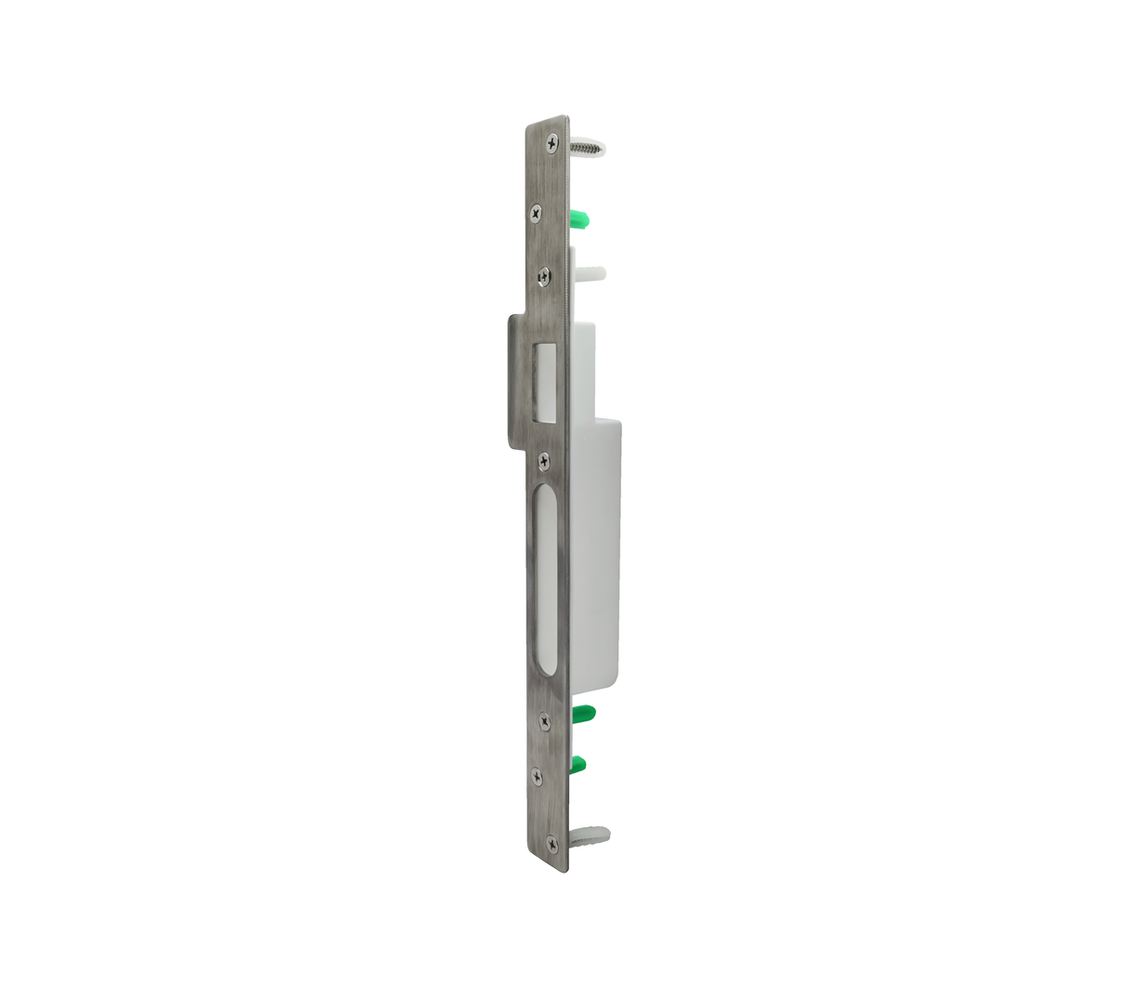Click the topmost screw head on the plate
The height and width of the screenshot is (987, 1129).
pos(552,143)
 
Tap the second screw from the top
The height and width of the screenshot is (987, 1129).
pos(536,213)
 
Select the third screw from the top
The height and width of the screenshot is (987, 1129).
pos(544,274)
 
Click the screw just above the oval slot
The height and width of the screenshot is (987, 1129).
pos(545,459)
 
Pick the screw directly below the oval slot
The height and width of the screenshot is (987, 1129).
pos(545,717)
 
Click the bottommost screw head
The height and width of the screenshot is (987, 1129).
pos(552,843)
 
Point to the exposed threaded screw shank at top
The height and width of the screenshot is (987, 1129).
pos(584,148)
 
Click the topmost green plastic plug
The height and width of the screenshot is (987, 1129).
pos(579,219)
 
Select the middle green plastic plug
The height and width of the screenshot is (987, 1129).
pos(583,714)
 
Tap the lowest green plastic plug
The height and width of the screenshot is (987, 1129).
pos(578,765)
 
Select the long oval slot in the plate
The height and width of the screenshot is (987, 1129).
pos(545,581)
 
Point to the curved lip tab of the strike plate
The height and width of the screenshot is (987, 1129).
pos(517,381)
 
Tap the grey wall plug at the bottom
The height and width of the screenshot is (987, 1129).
pos(588,836)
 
